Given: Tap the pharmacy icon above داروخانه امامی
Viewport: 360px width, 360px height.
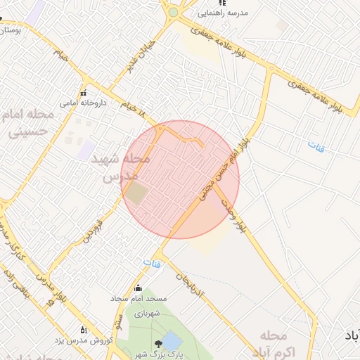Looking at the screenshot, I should [x=84, y=94].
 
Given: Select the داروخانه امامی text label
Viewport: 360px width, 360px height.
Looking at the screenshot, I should [x=78, y=103].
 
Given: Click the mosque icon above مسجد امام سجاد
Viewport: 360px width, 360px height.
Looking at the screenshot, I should [x=138, y=288].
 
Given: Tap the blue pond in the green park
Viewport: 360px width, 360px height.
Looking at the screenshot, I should [x=172, y=342].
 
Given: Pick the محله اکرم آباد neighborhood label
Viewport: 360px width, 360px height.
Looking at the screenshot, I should [x=280, y=342].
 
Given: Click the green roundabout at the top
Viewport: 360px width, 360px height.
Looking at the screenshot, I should [x=173, y=13].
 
